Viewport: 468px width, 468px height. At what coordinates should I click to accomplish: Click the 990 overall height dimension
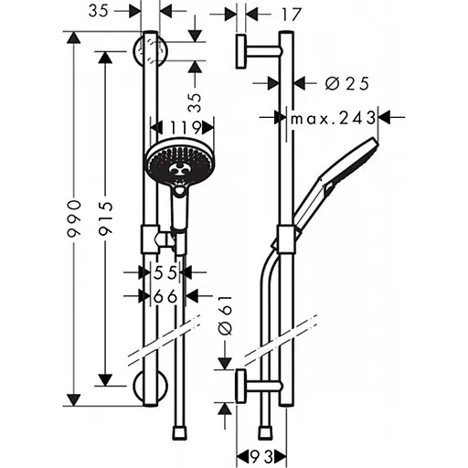[x=78, y=219]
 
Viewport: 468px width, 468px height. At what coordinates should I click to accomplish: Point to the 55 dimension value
[x=165, y=272]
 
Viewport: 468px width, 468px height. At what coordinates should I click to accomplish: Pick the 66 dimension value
[x=165, y=295]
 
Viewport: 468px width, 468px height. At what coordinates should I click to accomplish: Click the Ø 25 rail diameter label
[x=346, y=83]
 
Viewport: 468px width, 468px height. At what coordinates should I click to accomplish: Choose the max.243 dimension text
[x=334, y=117]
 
